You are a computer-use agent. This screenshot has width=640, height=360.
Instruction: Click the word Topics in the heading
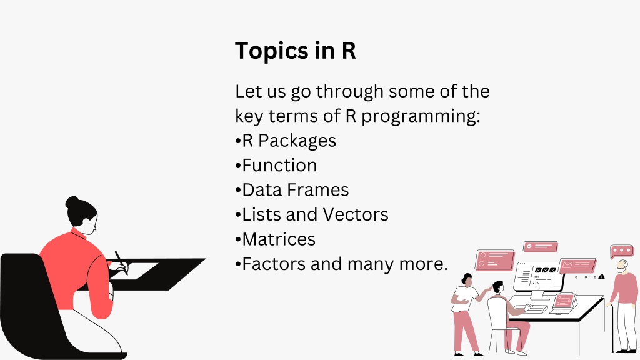272,51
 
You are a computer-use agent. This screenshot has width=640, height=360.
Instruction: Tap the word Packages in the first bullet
297,141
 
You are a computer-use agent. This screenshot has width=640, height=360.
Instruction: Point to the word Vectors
356,215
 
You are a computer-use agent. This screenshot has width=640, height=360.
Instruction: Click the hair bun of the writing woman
72,202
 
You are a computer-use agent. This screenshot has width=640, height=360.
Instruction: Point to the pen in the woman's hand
121,262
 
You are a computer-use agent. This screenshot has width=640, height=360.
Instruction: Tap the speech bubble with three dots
621,251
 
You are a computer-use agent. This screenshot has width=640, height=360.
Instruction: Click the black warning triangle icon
601,277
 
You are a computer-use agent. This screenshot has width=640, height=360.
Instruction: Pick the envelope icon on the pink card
567,265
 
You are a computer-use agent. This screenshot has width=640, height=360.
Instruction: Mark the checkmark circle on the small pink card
529,246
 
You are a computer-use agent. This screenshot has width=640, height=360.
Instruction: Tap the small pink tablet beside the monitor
565,301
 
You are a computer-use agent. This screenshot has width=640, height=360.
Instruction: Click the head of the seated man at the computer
497,287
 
